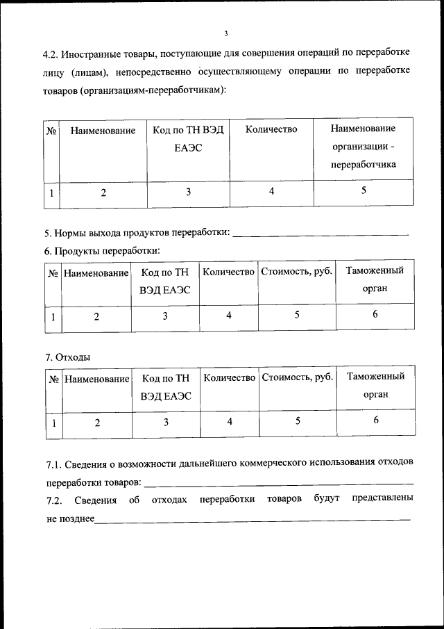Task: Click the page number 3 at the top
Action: tap(226, 33)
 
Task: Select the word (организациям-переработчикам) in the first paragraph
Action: tap(169, 90)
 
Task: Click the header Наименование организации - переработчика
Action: tap(363, 147)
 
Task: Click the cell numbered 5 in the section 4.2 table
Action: tap(363, 192)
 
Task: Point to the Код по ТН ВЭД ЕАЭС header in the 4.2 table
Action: tap(188, 138)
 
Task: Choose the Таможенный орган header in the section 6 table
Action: tap(375, 279)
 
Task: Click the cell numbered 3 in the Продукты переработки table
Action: tap(165, 316)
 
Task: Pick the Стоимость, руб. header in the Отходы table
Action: tap(296, 378)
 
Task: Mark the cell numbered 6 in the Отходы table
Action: tap(375, 420)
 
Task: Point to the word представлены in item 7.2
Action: tap(383, 499)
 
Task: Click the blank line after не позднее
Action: tap(253, 519)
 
